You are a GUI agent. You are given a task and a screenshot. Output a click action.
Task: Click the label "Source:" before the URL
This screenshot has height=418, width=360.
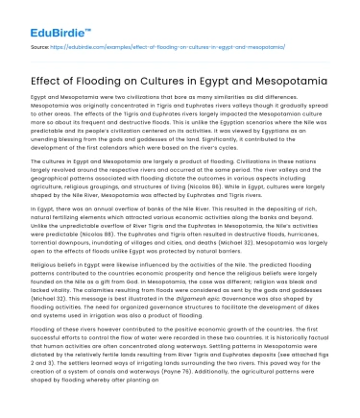(x=41, y=44)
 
